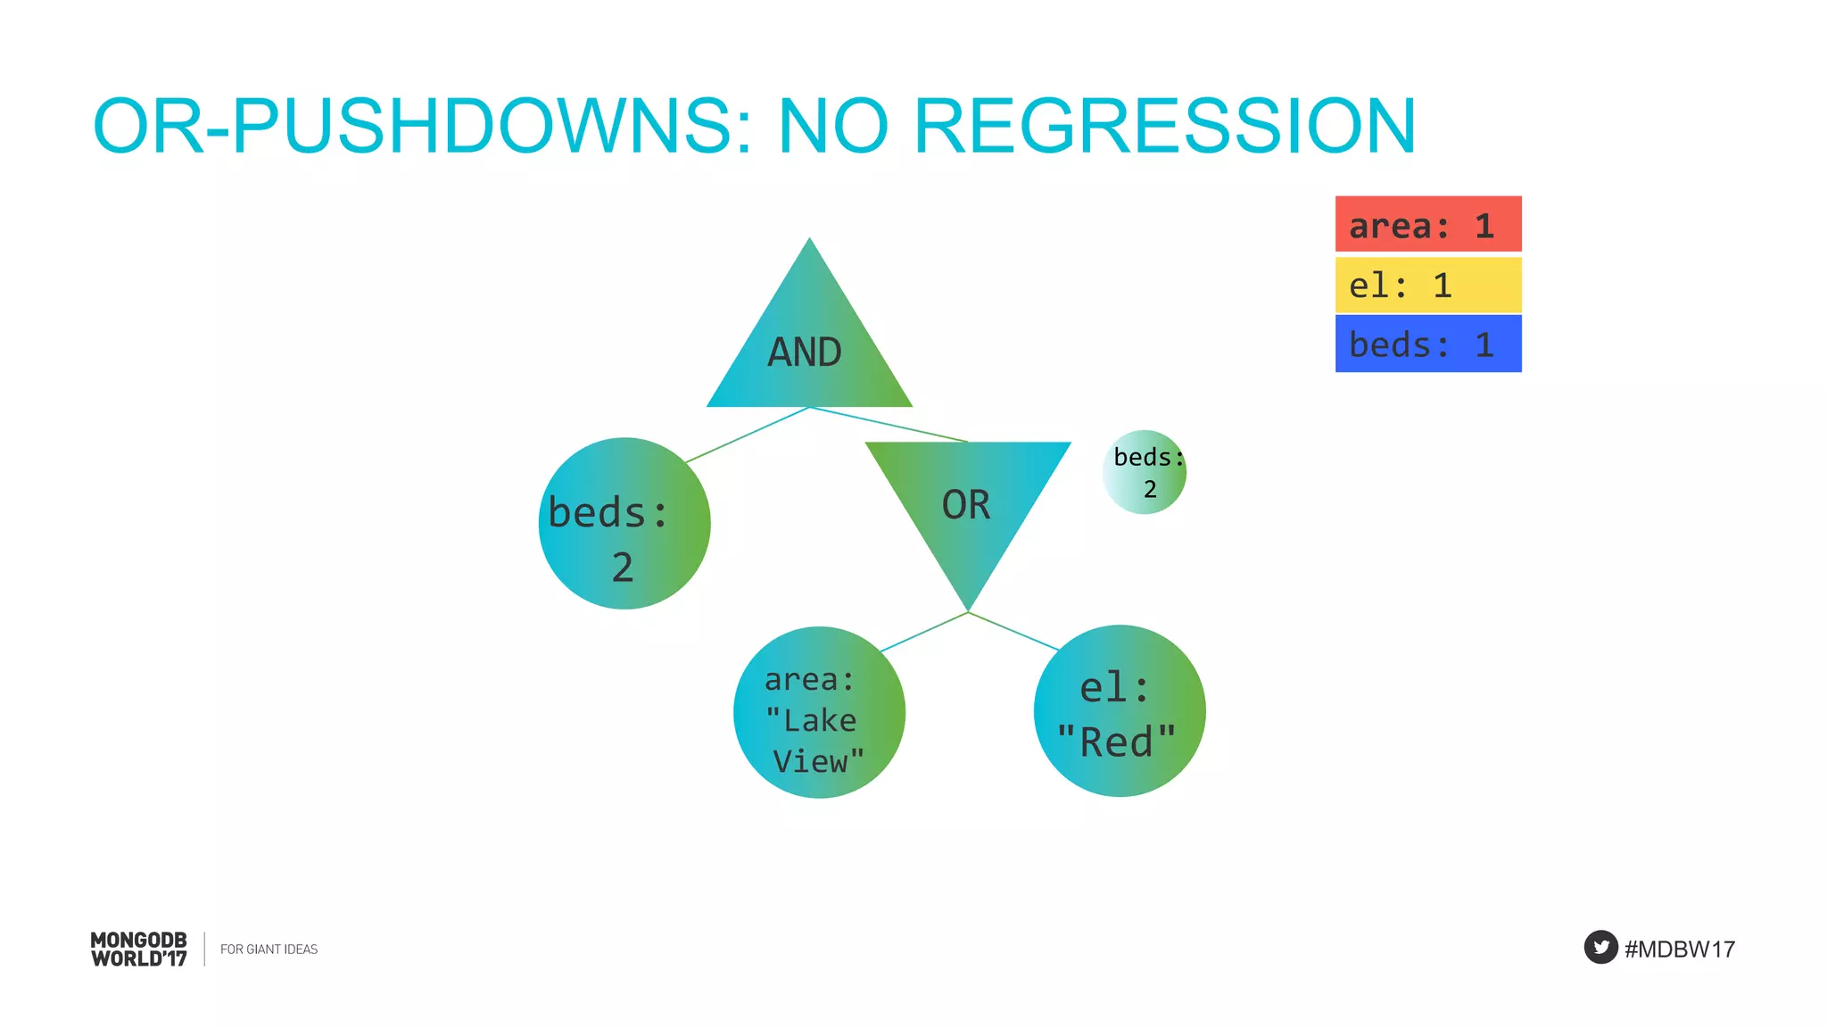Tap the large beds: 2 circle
(x=624, y=524)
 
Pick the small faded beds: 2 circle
(x=1145, y=472)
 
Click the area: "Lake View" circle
(x=819, y=712)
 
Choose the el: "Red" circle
(x=1120, y=711)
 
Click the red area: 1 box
(x=1427, y=224)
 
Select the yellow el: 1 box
(x=1427, y=285)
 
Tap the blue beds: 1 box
(x=1427, y=344)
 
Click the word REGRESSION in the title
(x=1164, y=126)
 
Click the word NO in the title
(x=833, y=126)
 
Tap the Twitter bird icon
(x=1600, y=947)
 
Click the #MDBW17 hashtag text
(x=1679, y=949)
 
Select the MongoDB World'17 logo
(x=139, y=949)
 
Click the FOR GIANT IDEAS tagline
(x=269, y=949)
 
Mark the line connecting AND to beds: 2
(x=748, y=435)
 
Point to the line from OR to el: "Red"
(x=1014, y=631)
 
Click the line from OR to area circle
(x=924, y=632)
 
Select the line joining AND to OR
(x=889, y=425)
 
